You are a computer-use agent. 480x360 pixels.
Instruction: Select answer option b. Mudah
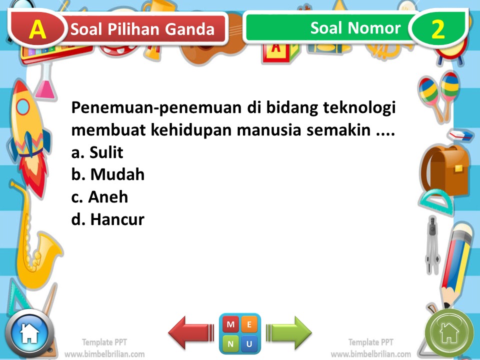[x=108, y=174]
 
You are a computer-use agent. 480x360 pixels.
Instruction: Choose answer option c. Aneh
[x=99, y=197]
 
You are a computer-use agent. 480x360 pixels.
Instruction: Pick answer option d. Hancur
[x=107, y=219]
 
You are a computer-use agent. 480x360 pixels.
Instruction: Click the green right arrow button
[x=289, y=332]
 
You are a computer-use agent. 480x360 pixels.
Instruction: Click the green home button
[x=448, y=332]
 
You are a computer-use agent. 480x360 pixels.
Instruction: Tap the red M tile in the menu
[x=230, y=324]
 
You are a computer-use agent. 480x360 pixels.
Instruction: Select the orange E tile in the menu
[x=249, y=324]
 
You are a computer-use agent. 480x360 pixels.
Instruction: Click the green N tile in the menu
[x=230, y=343]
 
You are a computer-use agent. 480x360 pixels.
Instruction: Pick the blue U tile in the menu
[x=249, y=343]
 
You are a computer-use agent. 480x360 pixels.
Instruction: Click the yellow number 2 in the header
[x=437, y=29]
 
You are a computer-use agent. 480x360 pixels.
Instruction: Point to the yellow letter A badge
[x=38, y=29]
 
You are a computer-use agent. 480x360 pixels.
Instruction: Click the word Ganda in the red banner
[x=189, y=30]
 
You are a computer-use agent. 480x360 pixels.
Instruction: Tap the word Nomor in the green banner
[x=375, y=28]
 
